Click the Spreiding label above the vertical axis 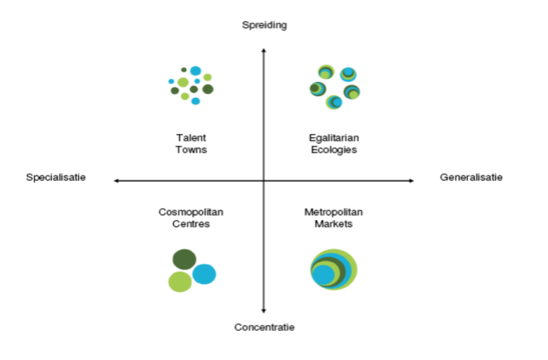coord(264,25)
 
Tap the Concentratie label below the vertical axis coord(264,327)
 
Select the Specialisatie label coord(56,178)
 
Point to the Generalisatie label coord(471,178)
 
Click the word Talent coord(191,138)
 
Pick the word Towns coord(191,150)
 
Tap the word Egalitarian coord(334,138)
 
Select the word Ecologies coord(334,150)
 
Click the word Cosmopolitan coord(191,212)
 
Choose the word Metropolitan coord(333,212)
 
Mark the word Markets coord(333,224)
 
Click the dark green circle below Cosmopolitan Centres coord(184,259)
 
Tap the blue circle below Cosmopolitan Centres coord(204,274)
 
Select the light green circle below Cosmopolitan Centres coord(180,282)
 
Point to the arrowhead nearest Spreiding coord(263,50)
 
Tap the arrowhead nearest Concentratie coord(263,310)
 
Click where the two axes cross coord(263,181)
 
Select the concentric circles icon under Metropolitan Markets coord(333,270)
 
